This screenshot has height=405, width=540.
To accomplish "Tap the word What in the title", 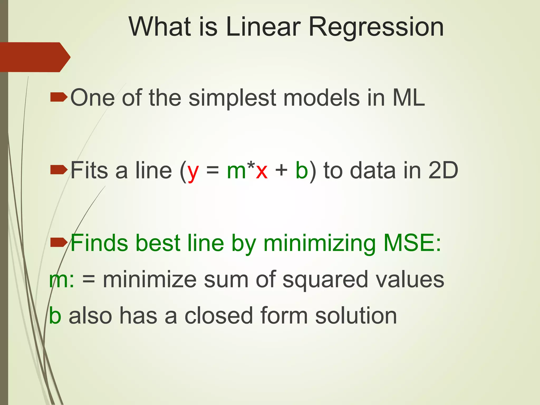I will [x=160, y=27].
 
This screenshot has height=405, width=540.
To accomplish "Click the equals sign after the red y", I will [x=213, y=170].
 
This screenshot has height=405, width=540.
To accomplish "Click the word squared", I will [x=325, y=280].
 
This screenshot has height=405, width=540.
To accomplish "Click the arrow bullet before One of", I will [x=59, y=97].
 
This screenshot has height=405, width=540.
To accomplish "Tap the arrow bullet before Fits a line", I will [x=59, y=170].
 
